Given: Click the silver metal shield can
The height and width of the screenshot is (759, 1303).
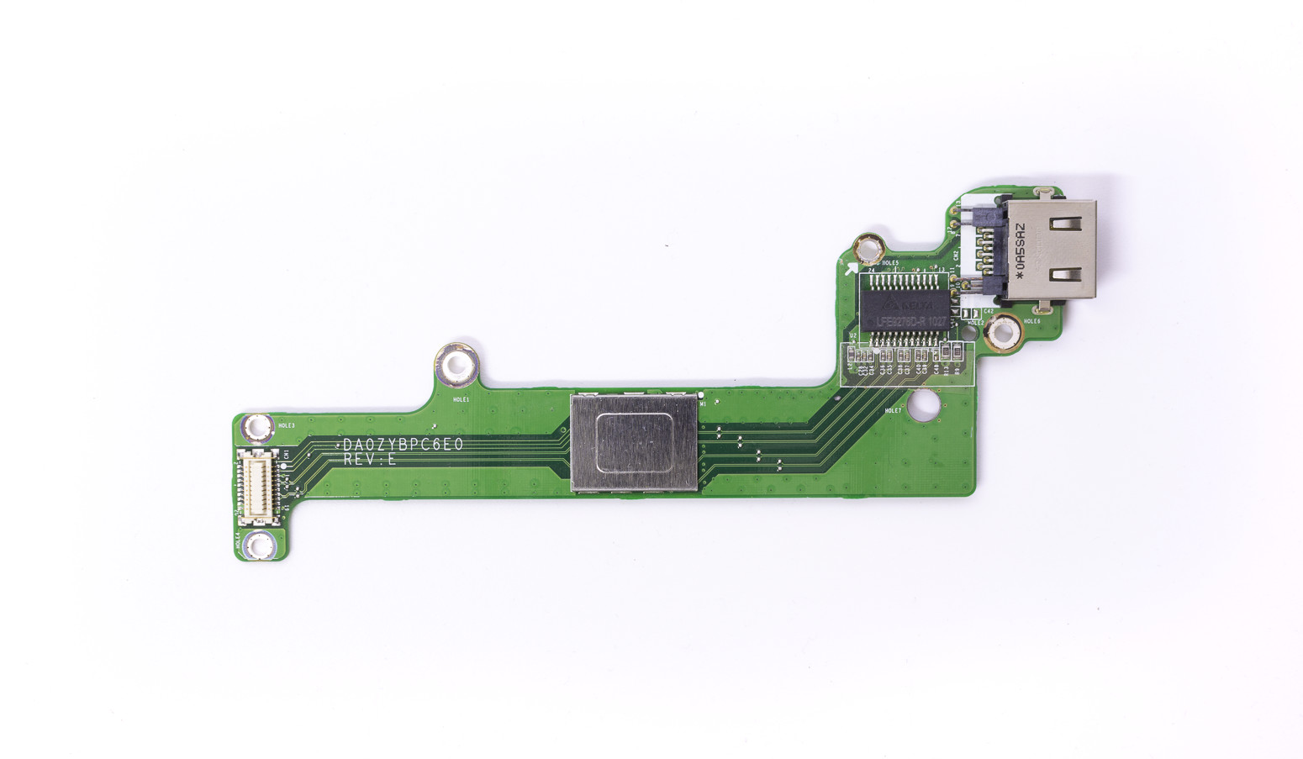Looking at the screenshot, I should (x=634, y=442).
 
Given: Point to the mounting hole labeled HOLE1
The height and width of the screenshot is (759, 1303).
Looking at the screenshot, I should (x=456, y=366).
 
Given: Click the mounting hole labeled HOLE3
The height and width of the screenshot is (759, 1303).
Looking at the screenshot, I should (x=256, y=429).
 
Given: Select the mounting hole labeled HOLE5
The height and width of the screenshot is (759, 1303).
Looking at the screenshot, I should (x=868, y=248).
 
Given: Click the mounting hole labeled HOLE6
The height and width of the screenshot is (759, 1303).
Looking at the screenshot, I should (x=1001, y=335).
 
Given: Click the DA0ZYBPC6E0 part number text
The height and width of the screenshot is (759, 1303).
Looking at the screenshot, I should (x=403, y=445).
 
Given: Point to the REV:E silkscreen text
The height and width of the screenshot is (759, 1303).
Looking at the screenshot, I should (x=369, y=461).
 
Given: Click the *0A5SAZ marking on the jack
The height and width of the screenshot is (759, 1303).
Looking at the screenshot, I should (x=1019, y=250).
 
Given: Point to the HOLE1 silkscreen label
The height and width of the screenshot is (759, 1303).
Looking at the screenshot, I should (x=461, y=400).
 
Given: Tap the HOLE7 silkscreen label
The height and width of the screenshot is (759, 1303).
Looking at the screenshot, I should (x=893, y=411).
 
